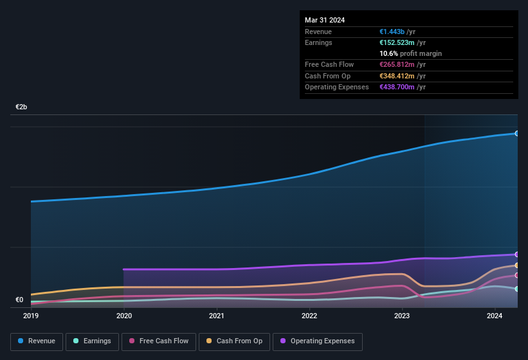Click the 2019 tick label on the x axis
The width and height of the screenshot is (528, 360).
(31, 316)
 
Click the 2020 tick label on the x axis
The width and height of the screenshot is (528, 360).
(124, 316)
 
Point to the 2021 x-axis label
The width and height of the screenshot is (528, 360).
(217, 316)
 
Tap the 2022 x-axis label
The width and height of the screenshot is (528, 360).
(309, 316)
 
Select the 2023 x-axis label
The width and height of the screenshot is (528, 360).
(402, 316)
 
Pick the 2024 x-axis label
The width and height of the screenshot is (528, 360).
(495, 316)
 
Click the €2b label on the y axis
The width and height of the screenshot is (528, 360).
(21, 107)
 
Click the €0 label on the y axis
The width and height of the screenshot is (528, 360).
(19, 300)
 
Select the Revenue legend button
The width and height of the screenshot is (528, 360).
(37, 341)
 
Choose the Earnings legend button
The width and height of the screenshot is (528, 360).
(93, 341)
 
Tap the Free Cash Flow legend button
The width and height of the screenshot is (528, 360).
(159, 341)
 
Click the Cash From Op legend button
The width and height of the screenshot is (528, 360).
(233, 341)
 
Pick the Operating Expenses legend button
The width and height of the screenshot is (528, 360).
(318, 341)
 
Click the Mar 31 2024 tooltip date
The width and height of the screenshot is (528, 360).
(325, 20)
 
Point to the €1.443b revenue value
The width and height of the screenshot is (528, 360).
(392, 32)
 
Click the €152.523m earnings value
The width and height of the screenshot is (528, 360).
(397, 42)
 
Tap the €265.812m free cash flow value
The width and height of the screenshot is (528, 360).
(397, 64)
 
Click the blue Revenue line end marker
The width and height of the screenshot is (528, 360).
(517, 134)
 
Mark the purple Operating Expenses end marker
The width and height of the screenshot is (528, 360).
(517, 255)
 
